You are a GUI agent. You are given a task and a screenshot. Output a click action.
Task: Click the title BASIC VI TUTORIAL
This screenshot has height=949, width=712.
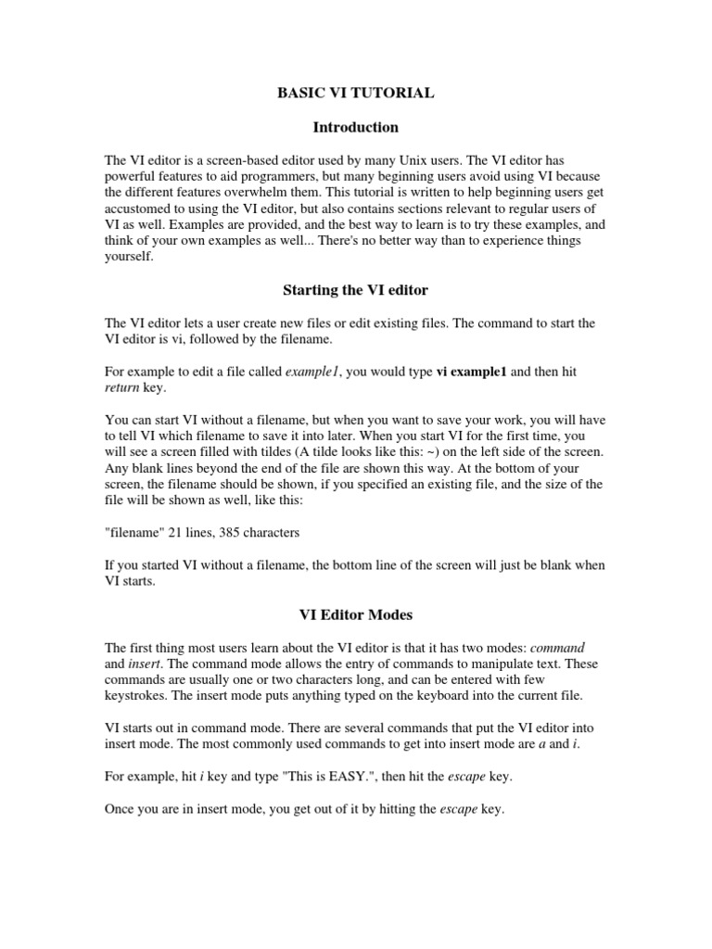pyautogui.click(x=356, y=94)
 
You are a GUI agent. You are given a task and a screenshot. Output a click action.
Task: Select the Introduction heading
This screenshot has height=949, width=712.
pyautogui.click(x=355, y=127)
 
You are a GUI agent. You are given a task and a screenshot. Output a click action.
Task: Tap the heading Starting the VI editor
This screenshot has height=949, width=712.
pyautogui.click(x=355, y=290)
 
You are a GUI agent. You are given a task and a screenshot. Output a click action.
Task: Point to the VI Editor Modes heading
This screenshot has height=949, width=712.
pyautogui.click(x=355, y=614)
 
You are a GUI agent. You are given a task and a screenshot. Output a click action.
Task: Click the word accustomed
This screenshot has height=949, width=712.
pyautogui.click(x=140, y=209)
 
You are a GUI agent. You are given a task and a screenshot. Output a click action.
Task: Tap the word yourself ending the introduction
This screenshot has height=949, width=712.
pyautogui.click(x=129, y=259)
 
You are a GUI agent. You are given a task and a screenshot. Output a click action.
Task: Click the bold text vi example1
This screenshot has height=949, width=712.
pyautogui.click(x=471, y=371)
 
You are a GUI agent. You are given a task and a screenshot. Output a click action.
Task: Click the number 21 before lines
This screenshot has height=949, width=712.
pyautogui.click(x=169, y=533)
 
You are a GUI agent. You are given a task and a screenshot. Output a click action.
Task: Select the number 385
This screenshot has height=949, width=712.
pyautogui.click(x=231, y=533)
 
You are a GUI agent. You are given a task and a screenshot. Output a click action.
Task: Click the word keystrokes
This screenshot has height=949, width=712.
pyautogui.click(x=139, y=696)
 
